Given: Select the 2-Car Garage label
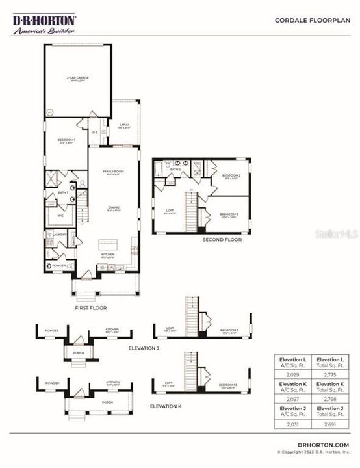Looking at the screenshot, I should tap(77, 77).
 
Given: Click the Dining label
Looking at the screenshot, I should tap(113, 208).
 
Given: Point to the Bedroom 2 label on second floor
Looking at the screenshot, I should tap(231, 176).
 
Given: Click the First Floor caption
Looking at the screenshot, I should tap(90, 307).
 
